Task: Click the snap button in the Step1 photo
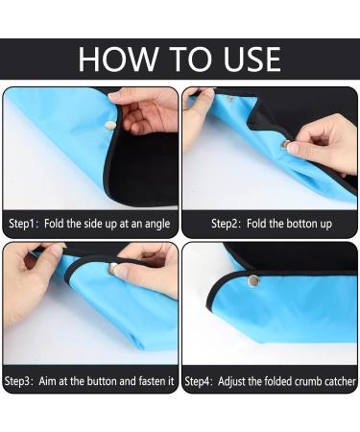[110, 123]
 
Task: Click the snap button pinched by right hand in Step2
[285, 143]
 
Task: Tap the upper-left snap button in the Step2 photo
[230, 97]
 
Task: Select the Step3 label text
[23, 381]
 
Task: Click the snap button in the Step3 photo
[113, 268]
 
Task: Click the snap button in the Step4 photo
[253, 281]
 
